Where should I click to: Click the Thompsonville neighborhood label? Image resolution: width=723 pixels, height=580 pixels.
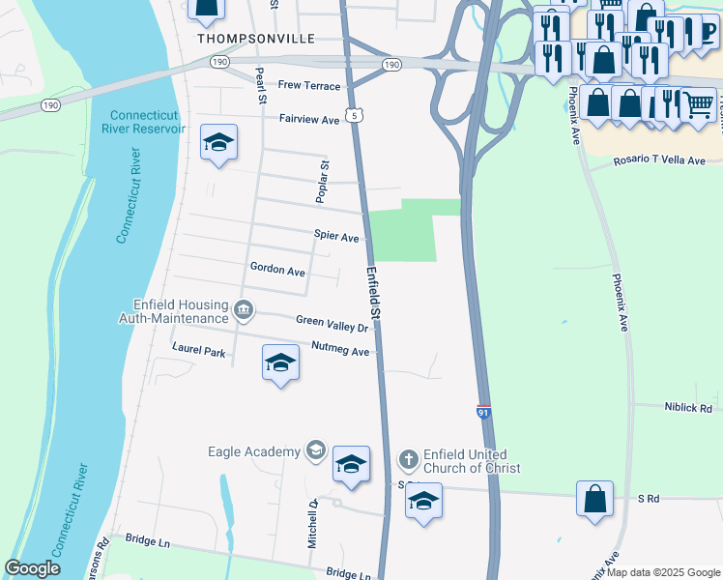pos(255,39)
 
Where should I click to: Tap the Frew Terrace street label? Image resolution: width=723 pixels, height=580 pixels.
pos(309,86)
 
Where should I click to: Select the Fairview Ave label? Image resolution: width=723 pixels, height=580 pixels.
pos(309,120)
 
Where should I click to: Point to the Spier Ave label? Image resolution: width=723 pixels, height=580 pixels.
pos(336,236)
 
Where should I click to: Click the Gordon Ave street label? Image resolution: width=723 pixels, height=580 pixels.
pos(277,270)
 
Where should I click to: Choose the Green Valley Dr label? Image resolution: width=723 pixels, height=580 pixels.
pos(332,323)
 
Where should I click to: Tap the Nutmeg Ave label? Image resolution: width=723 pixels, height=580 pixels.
pos(341,350)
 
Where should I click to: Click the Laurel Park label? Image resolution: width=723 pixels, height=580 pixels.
pos(198,349)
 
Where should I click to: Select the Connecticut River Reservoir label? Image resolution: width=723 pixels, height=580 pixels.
pos(143,122)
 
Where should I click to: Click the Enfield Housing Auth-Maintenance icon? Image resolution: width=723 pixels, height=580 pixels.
pos(244,310)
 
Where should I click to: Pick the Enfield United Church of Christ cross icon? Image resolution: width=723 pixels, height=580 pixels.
pos(409,458)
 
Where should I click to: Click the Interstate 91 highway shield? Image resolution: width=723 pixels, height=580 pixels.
pos(484,413)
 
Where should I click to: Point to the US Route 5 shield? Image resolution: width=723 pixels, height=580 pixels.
pos(358,114)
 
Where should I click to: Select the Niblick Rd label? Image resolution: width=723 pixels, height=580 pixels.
pos(688,409)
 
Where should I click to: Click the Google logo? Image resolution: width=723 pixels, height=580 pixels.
pos(33,568)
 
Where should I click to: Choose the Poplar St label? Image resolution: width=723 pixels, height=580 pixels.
pos(325,182)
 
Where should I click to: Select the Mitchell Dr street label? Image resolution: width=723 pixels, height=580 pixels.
pos(312,525)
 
